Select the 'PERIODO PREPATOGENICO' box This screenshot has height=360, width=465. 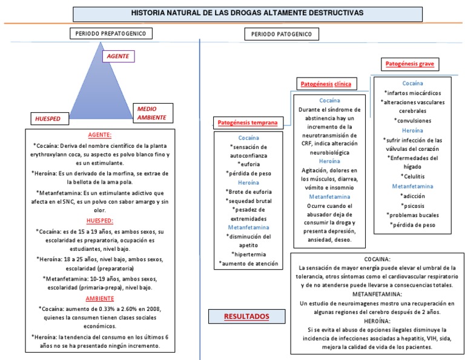[111, 34]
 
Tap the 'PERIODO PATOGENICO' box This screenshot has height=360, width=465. [282, 35]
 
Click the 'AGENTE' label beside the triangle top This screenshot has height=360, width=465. [118, 56]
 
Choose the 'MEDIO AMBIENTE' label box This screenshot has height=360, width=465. [150, 113]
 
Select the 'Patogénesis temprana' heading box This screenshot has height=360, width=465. [247, 123]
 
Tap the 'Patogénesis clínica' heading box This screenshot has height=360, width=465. [324, 83]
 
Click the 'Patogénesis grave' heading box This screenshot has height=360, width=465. [410, 64]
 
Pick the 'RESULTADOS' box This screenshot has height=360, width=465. [246, 316]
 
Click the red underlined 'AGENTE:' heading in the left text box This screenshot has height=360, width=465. [100, 135]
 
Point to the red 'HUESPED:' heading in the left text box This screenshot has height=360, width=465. [100, 221]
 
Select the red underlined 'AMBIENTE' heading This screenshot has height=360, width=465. [100, 298]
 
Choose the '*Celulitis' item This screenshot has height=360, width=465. [412, 176]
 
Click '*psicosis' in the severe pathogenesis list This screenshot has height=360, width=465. [412, 205]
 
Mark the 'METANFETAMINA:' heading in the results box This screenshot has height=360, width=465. [377, 293]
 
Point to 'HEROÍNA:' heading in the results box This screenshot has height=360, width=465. [377, 321]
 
